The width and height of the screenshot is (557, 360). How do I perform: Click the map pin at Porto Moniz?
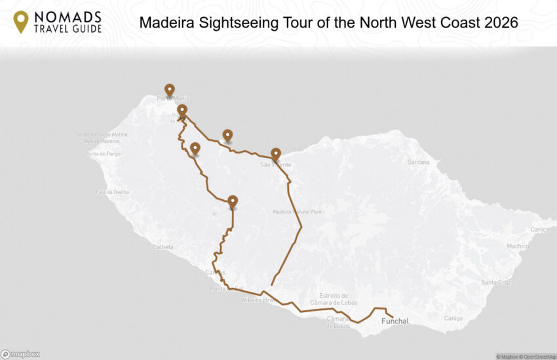[169, 90]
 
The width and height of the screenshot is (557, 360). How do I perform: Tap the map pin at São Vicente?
[276, 154]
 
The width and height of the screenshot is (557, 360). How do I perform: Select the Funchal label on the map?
[395, 321]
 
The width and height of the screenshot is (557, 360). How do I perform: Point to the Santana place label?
[419, 162]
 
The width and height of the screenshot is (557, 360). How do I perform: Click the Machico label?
[518, 246]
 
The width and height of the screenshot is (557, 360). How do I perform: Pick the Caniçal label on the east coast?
[541, 230]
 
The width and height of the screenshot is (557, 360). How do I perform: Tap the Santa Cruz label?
[495, 283]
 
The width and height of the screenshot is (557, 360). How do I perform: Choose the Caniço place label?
[453, 319]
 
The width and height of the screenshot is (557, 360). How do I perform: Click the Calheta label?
[163, 247]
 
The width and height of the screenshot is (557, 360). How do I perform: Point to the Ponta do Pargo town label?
[100, 154]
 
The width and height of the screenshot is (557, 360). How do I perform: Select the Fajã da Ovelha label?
[113, 192]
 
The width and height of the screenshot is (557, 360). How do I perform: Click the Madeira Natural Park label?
[298, 212]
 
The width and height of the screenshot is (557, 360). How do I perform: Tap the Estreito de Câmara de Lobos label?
[338, 299]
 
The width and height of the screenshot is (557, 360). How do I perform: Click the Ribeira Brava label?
[256, 300]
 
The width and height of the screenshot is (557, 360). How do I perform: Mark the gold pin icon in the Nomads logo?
[21, 22]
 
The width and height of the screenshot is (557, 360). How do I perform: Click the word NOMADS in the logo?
[69, 16]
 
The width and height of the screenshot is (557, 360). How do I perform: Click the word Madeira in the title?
[165, 22]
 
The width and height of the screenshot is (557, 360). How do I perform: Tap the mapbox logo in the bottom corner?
[20, 354]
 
